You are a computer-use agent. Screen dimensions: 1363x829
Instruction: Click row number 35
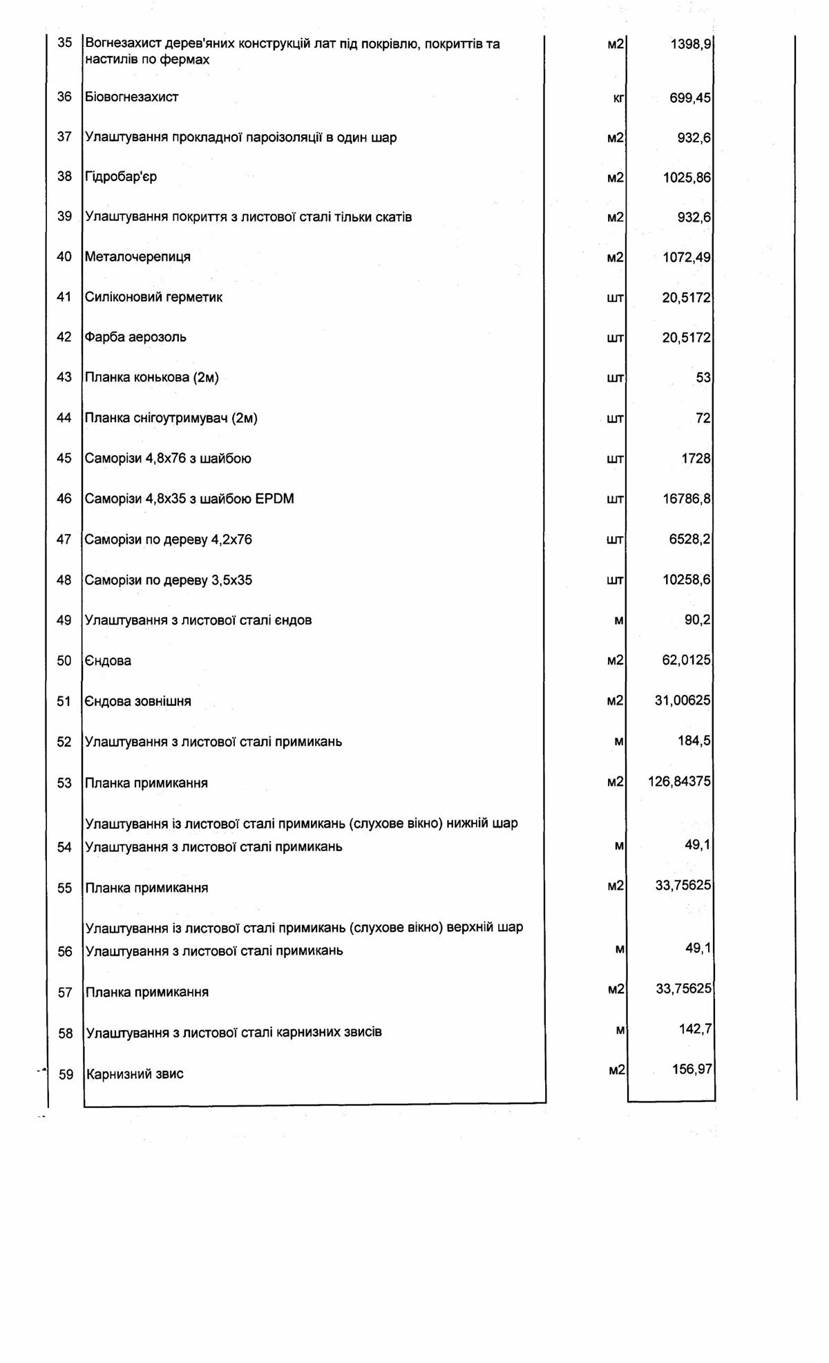click(x=64, y=43)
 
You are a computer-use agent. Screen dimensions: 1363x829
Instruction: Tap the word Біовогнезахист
click(x=131, y=97)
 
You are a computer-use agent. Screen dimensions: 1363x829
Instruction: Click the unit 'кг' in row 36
click(x=618, y=98)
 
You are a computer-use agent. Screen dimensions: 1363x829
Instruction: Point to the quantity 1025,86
click(x=687, y=178)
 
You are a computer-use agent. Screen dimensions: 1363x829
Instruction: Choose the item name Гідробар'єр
click(x=121, y=177)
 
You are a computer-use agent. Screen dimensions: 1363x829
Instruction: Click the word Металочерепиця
click(x=137, y=257)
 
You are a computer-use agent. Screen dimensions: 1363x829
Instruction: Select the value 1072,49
click(x=687, y=258)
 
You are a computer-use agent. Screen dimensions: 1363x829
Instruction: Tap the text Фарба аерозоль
click(x=135, y=337)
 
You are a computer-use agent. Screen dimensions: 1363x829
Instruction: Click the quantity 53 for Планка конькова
click(x=703, y=378)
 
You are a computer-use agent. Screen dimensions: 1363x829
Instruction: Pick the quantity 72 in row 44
click(x=703, y=418)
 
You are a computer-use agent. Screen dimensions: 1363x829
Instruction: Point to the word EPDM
click(x=274, y=499)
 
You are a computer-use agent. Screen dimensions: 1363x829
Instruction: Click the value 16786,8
click(x=687, y=499)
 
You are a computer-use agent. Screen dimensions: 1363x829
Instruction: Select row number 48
click(x=64, y=580)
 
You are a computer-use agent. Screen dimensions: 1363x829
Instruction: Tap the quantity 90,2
click(x=697, y=620)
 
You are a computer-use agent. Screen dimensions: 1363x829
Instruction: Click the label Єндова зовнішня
click(x=137, y=701)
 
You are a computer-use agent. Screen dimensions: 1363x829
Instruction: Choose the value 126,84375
click(x=680, y=781)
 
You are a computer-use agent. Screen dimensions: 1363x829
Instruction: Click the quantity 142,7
click(x=695, y=1029)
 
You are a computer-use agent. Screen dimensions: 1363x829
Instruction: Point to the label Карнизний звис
click(x=135, y=1074)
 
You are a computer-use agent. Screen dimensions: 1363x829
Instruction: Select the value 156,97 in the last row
click(x=692, y=1069)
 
